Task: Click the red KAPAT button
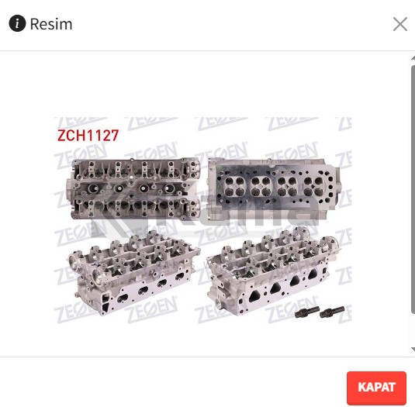pos(376,387)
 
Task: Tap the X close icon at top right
pos(400,24)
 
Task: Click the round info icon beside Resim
pos(17,23)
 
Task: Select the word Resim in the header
pos(51,24)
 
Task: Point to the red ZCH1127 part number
pos(88,136)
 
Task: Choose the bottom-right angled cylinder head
pos(272,271)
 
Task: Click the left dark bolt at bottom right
pos(306,312)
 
